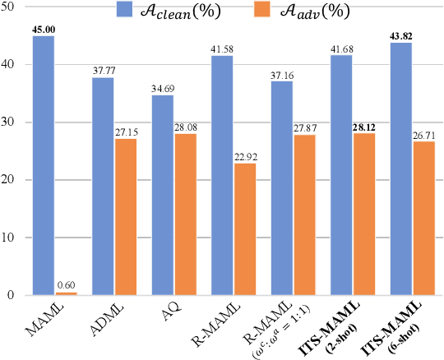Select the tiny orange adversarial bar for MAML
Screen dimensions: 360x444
tap(67, 293)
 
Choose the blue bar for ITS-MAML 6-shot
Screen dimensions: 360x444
tap(400, 168)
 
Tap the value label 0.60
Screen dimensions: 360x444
tap(67, 284)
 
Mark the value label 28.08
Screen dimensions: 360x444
tap(186, 126)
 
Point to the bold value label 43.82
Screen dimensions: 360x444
tap(400, 35)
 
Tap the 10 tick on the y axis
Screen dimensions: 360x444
tap(11, 238)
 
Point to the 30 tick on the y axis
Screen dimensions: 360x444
tap(11, 122)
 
